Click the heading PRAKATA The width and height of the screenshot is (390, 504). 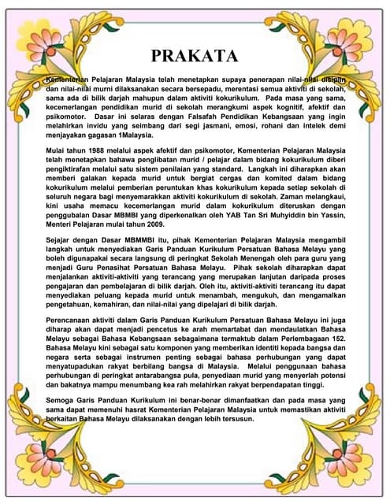click(x=194, y=55)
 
